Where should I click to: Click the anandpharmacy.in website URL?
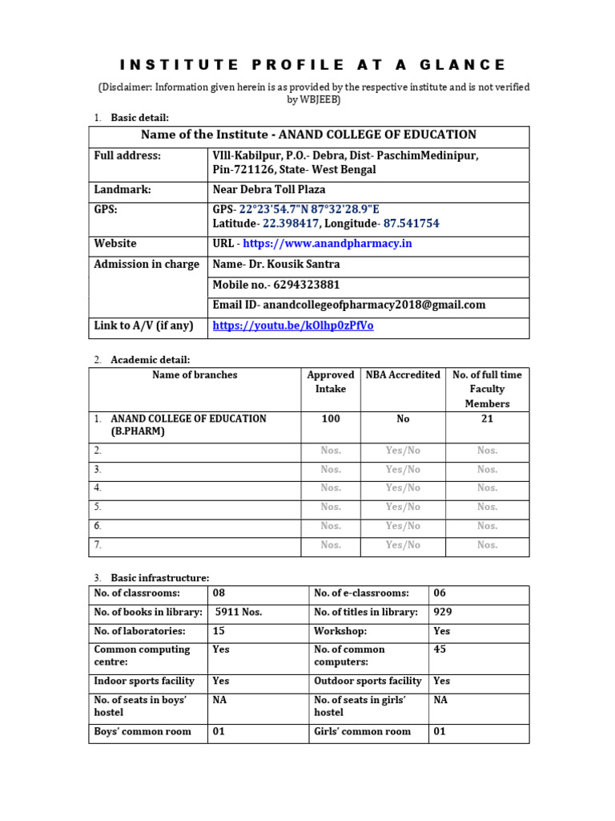[328, 244]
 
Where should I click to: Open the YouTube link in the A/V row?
[293, 326]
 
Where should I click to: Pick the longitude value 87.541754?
[411, 224]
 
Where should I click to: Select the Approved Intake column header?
[330, 382]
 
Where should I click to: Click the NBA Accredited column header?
[403, 374]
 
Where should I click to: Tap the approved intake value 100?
[330, 419]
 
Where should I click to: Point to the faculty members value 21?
[487, 419]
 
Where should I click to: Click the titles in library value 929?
[443, 613]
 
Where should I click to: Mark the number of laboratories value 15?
[219, 632]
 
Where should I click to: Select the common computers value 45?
[440, 649]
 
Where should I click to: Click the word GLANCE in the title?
[467, 65]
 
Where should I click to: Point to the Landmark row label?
[123, 190]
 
